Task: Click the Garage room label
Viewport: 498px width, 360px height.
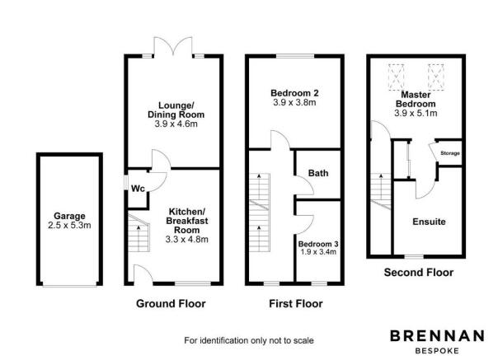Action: click(x=69, y=216)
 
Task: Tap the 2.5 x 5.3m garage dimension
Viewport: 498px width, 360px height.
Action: click(x=69, y=226)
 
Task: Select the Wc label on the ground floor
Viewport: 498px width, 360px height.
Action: click(x=138, y=189)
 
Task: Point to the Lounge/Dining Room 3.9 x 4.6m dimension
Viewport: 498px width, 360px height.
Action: click(x=176, y=124)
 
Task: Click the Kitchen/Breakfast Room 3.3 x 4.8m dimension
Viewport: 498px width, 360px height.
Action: click(x=186, y=240)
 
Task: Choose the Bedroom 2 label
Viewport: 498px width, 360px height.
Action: click(x=294, y=93)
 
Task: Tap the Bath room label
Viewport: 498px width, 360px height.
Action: click(x=318, y=173)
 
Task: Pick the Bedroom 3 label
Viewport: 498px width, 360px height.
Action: click(x=318, y=244)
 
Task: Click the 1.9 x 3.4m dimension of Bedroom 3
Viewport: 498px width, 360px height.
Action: click(x=318, y=252)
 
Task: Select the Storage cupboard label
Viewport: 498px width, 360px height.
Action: click(x=450, y=153)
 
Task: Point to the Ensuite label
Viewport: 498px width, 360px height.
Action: click(x=429, y=222)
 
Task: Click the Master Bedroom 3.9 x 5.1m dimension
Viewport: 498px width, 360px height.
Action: click(x=416, y=113)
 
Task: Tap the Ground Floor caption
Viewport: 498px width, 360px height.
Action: click(x=171, y=303)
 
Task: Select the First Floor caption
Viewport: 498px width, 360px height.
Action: click(x=296, y=303)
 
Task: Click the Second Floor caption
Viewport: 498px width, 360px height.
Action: click(x=419, y=273)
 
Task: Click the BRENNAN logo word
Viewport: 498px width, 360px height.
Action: click(x=437, y=336)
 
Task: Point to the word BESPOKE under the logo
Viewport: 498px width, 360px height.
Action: click(x=437, y=351)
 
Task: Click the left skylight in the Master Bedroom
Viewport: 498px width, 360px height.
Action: click(x=397, y=77)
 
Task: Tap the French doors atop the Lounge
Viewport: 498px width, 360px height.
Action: click(x=173, y=47)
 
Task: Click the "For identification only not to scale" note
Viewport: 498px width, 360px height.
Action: click(x=249, y=340)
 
